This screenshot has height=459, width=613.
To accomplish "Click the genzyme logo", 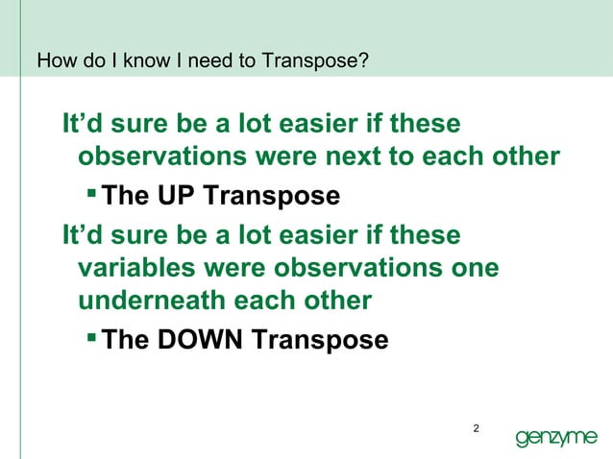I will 556,438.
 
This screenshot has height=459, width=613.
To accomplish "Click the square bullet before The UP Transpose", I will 90,196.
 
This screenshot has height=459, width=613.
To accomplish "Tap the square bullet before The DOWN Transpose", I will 90,340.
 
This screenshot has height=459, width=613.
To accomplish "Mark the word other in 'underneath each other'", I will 333,301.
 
